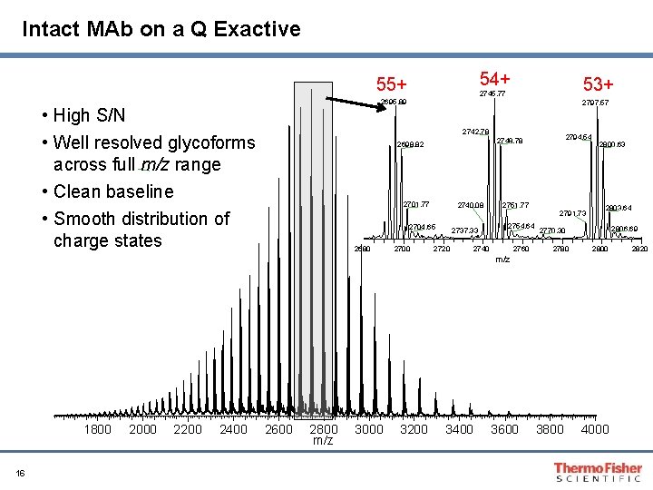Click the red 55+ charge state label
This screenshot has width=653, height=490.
[x=392, y=85]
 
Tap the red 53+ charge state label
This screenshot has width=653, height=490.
[x=599, y=84]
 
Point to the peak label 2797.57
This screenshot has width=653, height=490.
[x=595, y=103]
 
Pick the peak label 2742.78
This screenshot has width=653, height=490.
[x=475, y=132]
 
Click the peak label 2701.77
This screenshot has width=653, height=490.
[x=416, y=203]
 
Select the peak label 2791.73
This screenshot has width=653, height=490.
[x=572, y=212]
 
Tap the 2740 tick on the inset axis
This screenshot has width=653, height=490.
[x=481, y=249]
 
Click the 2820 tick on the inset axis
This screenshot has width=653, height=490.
[x=639, y=249]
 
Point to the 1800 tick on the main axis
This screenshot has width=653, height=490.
[x=98, y=429]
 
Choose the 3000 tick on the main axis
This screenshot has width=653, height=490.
[x=369, y=429]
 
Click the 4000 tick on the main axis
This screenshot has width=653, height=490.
[x=595, y=429]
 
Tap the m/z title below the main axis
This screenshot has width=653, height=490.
[x=323, y=440]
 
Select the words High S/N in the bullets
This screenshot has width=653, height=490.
[x=89, y=115]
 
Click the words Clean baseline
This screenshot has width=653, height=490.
[x=112, y=191]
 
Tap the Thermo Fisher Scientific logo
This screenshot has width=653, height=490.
[x=598, y=472]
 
